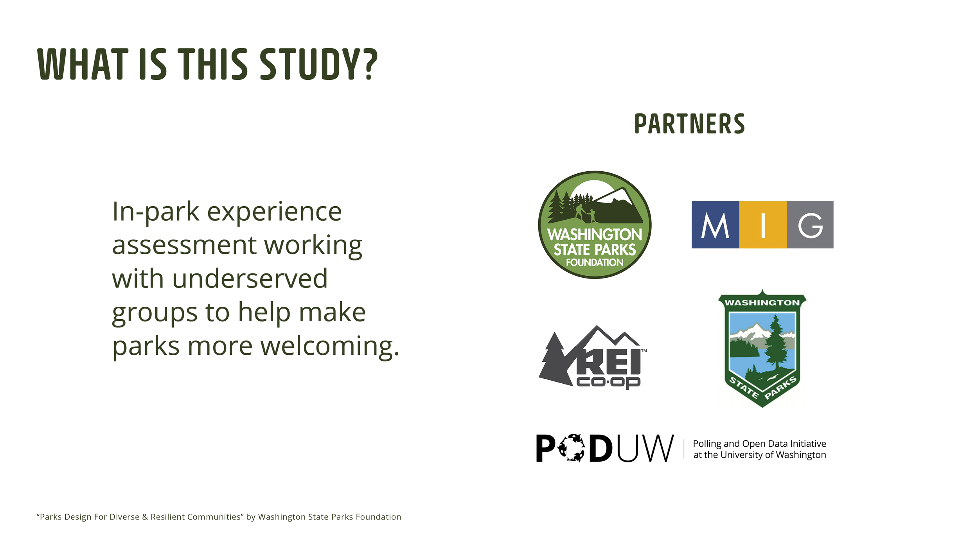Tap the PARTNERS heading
689,124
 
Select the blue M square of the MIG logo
715,225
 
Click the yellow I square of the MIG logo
763,225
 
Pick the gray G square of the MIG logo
810,225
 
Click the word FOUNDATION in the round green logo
595,262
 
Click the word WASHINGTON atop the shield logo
762,303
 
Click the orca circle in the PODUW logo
571,448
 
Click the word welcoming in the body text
329,346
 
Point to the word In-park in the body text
156,212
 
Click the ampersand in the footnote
145,517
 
